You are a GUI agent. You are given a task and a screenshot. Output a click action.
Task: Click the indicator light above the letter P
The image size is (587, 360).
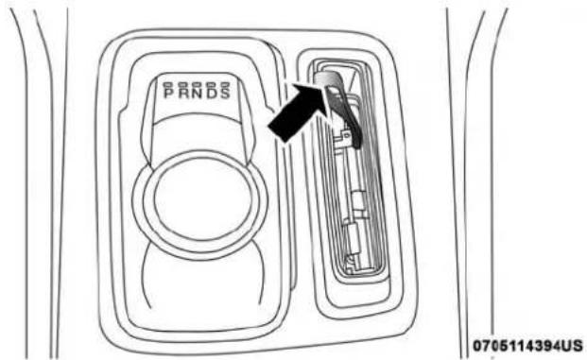coord(169,85)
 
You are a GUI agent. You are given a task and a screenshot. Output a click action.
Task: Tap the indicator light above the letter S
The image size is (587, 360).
coord(225,85)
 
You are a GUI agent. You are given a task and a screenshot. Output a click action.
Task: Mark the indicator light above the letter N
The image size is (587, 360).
coord(197,85)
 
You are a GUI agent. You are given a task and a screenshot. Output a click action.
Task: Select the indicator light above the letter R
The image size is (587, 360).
coord(183,85)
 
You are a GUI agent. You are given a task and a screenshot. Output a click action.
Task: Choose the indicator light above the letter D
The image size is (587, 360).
coord(211,85)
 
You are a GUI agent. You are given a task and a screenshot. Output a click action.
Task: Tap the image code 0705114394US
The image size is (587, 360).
coord(527,345)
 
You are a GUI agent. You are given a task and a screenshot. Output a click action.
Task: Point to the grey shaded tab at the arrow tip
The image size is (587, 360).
coord(328,79)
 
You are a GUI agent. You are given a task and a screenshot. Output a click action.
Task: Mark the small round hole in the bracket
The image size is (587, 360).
coord(346,133)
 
